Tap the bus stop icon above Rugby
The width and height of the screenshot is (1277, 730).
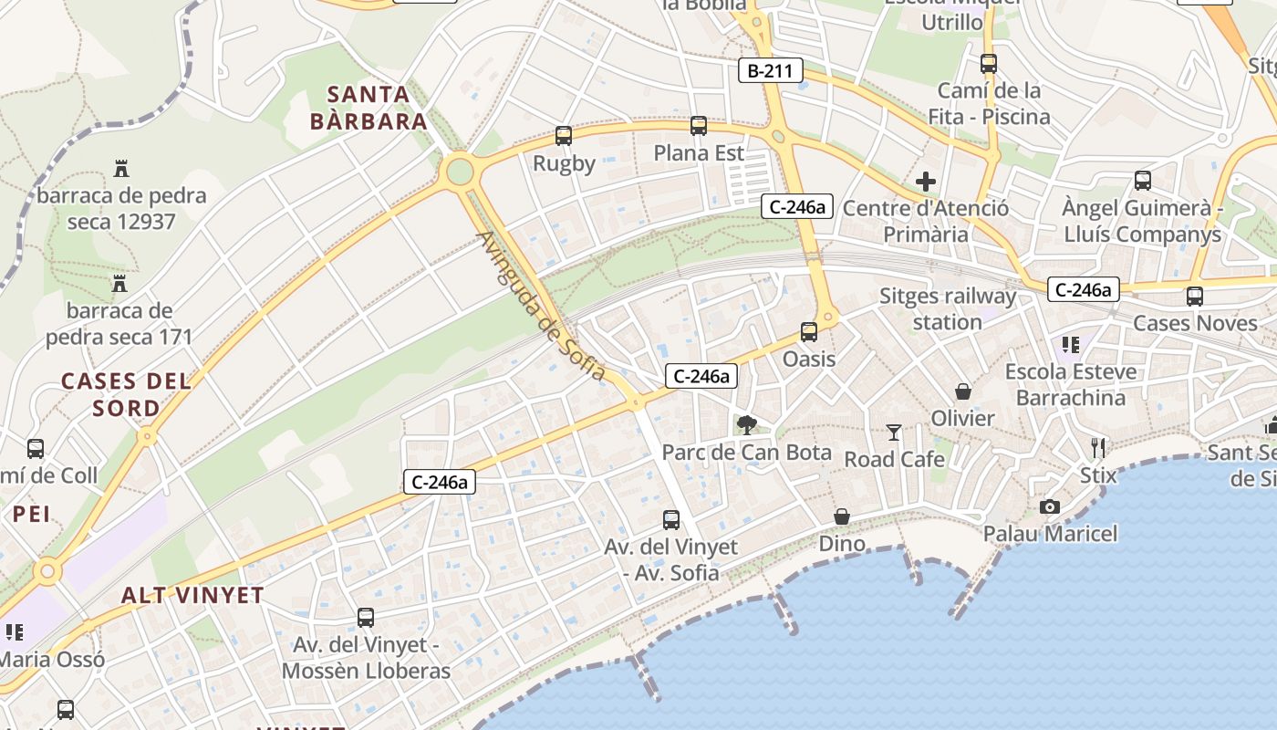point(564,136)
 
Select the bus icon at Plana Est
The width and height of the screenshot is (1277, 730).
point(699,126)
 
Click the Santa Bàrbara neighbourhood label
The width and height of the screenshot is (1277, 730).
point(369,108)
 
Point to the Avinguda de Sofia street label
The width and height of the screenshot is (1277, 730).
point(541,306)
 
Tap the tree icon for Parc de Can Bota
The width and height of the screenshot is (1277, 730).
point(747,424)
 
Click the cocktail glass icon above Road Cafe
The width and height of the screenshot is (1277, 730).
point(894,432)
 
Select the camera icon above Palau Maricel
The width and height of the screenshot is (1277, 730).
point(1050,506)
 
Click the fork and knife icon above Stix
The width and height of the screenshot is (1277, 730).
point(1098,447)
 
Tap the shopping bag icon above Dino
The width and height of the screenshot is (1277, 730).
point(842,516)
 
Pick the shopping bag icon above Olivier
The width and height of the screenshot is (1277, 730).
point(962,391)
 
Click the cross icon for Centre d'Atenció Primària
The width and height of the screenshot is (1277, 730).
point(926,182)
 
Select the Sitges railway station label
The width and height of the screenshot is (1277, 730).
point(948,308)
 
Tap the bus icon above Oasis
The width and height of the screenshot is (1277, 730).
point(809,332)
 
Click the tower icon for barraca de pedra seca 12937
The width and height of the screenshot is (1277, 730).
point(121,168)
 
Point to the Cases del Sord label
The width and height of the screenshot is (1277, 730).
point(126,394)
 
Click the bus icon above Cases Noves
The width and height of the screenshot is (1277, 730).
point(1195,296)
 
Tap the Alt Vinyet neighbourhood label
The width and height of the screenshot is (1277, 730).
point(193,596)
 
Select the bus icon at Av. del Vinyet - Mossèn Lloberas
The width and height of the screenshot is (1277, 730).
point(366,618)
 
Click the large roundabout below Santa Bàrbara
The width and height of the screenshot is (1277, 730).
point(460,171)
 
